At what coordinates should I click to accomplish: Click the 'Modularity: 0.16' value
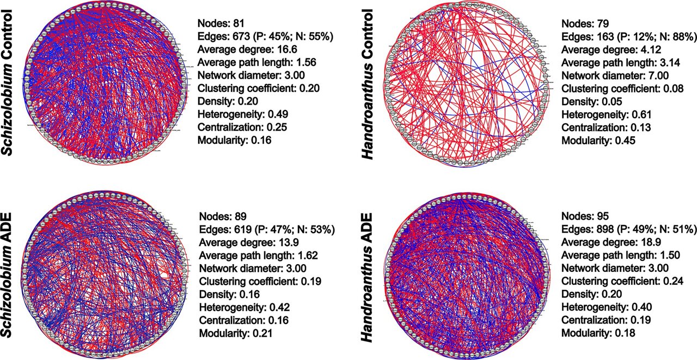click(234, 140)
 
